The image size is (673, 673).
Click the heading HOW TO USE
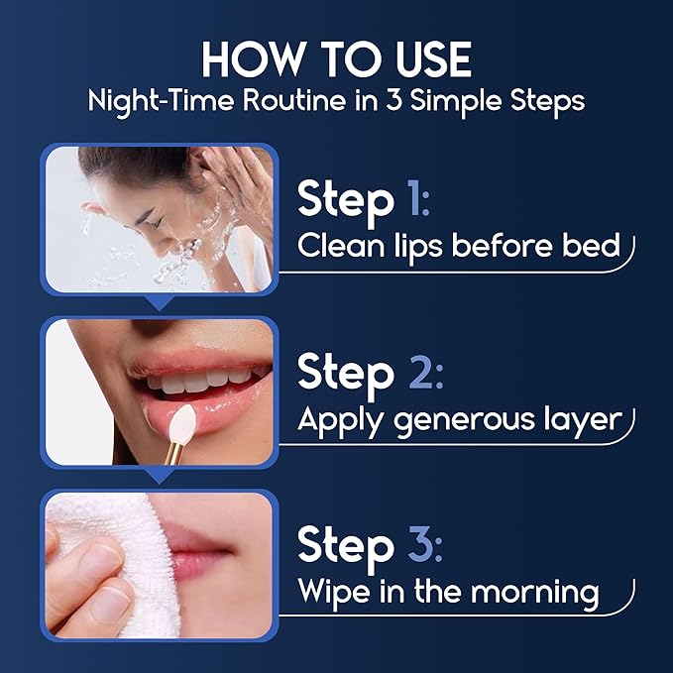(336, 59)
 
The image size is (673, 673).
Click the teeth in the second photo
(203, 378)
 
